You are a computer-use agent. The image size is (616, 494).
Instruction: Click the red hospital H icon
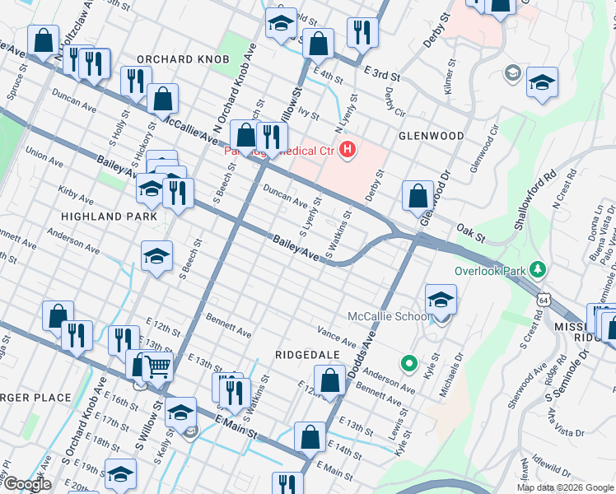348,150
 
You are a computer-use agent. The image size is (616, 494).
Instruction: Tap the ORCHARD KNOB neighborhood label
183,59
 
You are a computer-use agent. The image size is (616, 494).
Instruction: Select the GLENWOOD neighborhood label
432,135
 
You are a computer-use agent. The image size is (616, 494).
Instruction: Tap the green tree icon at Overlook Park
539,269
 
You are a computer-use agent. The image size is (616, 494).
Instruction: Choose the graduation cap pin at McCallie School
441,301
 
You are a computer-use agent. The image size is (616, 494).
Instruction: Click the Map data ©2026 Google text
565,487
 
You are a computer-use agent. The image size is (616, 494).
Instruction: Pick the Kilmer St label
450,74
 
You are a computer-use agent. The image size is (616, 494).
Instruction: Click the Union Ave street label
44,153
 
